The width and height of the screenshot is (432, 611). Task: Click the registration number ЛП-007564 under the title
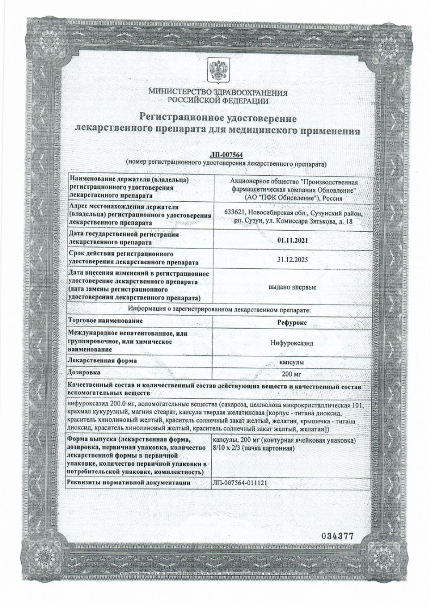(225, 155)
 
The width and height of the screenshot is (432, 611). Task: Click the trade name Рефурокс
(293, 322)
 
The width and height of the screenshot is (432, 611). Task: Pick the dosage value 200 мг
(293, 374)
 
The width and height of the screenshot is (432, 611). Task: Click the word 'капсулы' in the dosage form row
(293, 361)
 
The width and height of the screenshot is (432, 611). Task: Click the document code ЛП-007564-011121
(240, 483)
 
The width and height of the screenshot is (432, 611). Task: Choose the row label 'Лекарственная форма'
(102, 361)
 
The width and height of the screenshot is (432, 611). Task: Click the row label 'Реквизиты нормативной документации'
(128, 483)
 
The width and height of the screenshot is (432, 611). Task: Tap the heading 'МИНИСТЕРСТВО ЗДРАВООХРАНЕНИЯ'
(217, 92)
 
